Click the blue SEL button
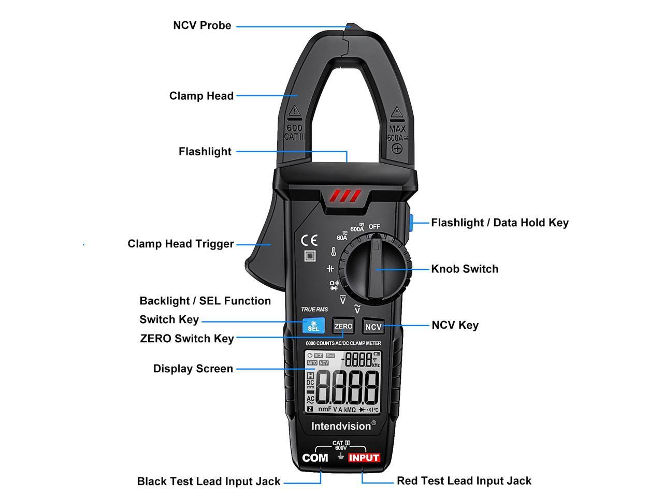click(313, 326)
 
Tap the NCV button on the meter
click(373, 326)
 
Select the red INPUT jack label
click(364, 458)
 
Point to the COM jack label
click(315, 458)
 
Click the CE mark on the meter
click(309, 241)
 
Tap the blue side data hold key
click(410, 223)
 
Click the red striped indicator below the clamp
click(345, 196)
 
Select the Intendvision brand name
click(341, 426)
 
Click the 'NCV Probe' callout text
click(202, 25)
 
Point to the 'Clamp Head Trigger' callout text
click(181, 244)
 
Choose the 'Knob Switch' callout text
click(465, 269)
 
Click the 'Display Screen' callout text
click(193, 369)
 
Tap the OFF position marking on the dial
click(374, 226)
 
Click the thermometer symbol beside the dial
click(333, 253)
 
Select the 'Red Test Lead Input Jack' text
click(464, 481)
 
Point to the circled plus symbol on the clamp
click(397, 149)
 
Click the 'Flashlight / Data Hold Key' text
click(500, 223)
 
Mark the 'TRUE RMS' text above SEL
click(314, 310)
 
